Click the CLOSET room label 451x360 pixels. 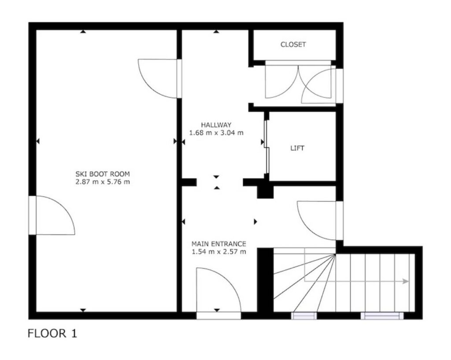pyautogui.click(x=293, y=45)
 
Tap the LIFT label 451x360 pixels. pyautogui.click(x=297, y=148)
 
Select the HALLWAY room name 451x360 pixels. pyautogui.click(x=216, y=125)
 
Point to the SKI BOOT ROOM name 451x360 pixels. pyautogui.click(x=103, y=174)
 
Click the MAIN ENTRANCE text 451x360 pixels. pyautogui.click(x=219, y=244)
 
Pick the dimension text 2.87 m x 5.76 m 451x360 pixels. pyautogui.click(x=103, y=182)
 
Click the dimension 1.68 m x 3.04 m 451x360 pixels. pyautogui.click(x=216, y=133)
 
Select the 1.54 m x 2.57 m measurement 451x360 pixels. pyautogui.click(x=219, y=252)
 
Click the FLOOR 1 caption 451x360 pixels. pyautogui.click(x=52, y=334)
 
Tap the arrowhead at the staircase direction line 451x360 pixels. pyautogui.click(x=406, y=281)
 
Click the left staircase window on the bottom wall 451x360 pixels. pyautogui.click(x=304, y=315)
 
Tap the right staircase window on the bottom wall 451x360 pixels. pyautogui.click(x=382, y=315)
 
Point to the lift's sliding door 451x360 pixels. pyautogui.click(x=266, y=147)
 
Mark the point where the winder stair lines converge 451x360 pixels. pyautogui.click(x=336, y=254)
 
